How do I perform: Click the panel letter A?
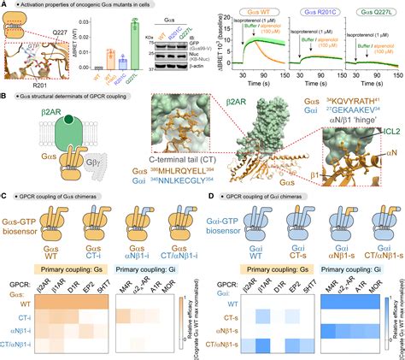5,6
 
